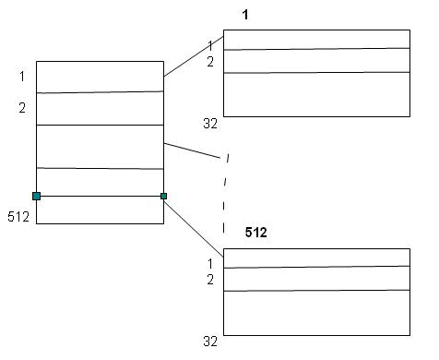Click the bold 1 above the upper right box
pyautogui.click(x=245, y=15)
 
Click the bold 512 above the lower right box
pyautogui.click(x=255, y=233)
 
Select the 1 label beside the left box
pyautogui.click(x=22, y=77)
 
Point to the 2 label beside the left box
pyautogui.click(x=22, y=108)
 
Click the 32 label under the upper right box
pyautogui.click(x=209, y=123)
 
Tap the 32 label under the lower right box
pyautogui.click(x=209, y=341)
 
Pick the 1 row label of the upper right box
pyautogui.click(x=210, y=45)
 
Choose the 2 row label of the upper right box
pyautogui.click(x=210, y=62)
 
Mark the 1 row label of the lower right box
pyautogui.click(x=210, y=263)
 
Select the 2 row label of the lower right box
pyautogui.click(x=210, y=280)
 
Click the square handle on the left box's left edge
pyautogui.click(x=36, y=196)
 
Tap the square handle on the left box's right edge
pyautogui.click(x=163, y=196)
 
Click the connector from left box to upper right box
pyautogui.click(x=193, y=57)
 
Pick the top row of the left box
pyautogui.click(x=100, y=77)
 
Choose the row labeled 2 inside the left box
pyautogui.click(x=100, y=108)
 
